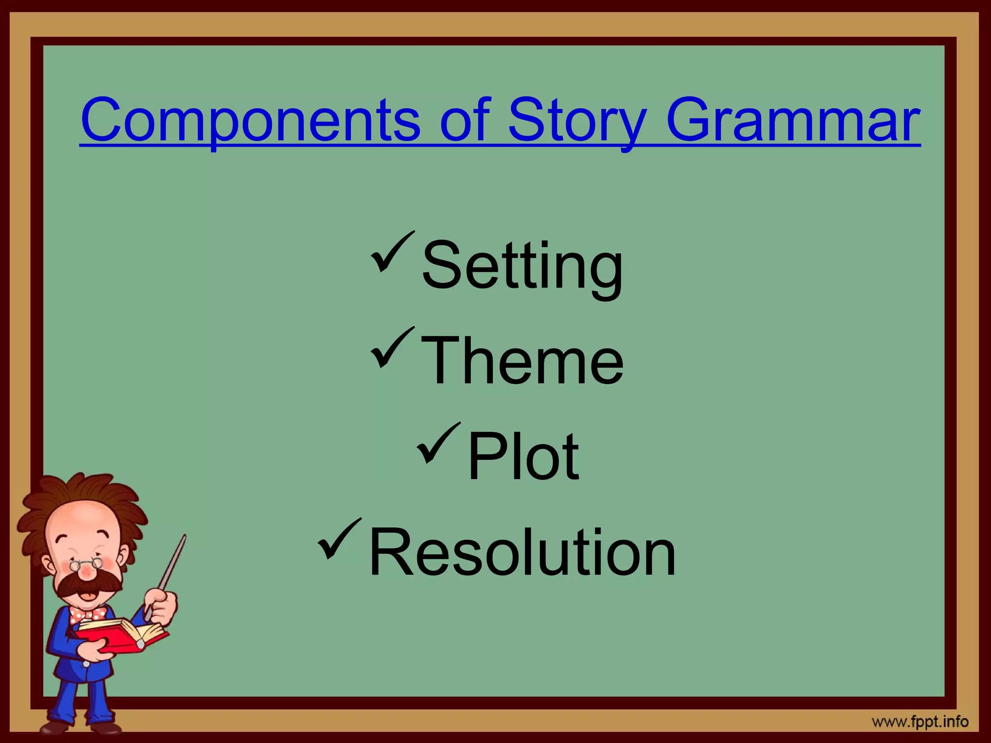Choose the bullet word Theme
(522, 360)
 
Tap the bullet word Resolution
(522, 551)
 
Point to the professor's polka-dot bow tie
(87, 615)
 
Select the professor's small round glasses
(86, 564)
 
